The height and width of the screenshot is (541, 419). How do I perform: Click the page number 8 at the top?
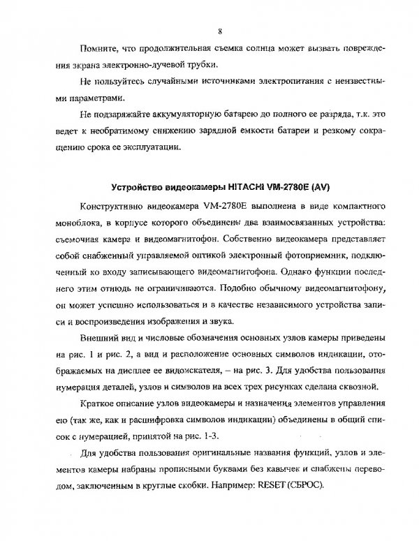click(219, 31)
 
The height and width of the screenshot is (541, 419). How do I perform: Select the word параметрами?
click(108, 110)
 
